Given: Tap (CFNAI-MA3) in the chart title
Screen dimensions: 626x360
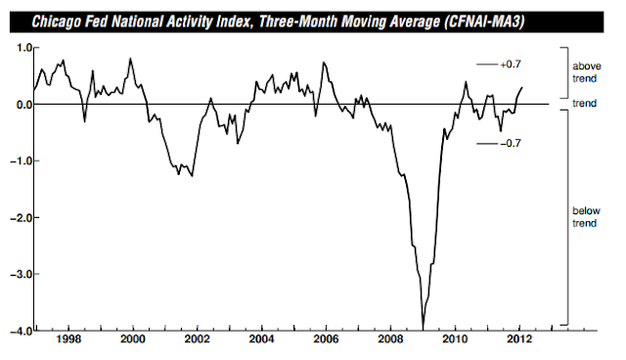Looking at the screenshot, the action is click(484, 22).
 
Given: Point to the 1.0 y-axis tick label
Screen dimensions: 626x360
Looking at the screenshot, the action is click(23, 48).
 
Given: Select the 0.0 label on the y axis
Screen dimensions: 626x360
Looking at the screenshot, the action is click(23, 105).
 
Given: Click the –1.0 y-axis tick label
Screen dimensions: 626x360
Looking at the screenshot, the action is click(21, 161).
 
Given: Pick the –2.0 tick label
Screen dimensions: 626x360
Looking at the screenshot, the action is click(21, 218).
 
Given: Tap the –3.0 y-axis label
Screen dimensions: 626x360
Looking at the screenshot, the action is click(21, 275).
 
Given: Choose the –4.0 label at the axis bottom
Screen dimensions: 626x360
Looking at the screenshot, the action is click(21, 332).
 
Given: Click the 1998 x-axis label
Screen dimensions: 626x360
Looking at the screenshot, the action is click(68, 339).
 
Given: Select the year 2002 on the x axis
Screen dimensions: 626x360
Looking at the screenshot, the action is click(198, 339).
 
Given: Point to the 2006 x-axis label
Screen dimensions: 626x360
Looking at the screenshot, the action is click(326, 339).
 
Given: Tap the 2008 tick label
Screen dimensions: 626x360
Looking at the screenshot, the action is click(390, 339).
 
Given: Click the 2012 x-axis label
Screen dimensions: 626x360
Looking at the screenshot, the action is click(519, 339).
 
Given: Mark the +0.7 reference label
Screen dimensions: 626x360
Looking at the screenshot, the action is click(511, 65).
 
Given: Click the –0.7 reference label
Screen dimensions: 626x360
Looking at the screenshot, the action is click(511, 143).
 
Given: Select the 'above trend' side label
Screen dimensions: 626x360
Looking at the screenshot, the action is click(587, 72).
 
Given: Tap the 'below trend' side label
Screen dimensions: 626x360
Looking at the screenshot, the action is click(586, 217).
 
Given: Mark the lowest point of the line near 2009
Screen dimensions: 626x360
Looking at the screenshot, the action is click(423, 330).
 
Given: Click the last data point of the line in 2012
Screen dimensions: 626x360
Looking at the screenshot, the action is click(522, 87).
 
